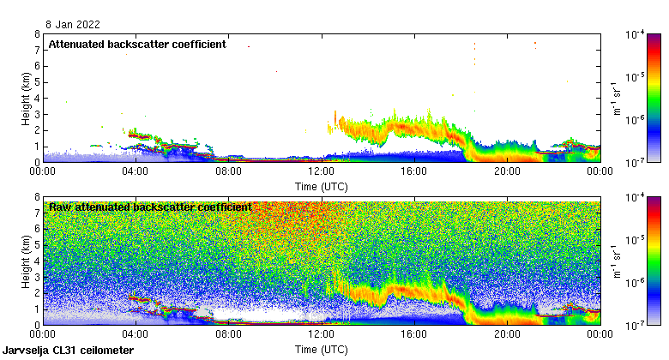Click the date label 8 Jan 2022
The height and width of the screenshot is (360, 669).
[71, 25]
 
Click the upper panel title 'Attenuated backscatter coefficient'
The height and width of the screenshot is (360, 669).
[137, 44]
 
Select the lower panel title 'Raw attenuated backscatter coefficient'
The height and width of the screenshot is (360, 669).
[150, 207]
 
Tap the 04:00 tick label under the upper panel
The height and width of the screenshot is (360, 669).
[136, 171]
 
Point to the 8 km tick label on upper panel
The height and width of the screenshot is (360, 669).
[37, 34]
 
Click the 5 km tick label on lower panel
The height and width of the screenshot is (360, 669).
[37, 245]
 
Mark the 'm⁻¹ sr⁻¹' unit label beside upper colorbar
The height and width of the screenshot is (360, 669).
[614, 98]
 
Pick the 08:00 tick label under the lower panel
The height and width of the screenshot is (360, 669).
[228, 334]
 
